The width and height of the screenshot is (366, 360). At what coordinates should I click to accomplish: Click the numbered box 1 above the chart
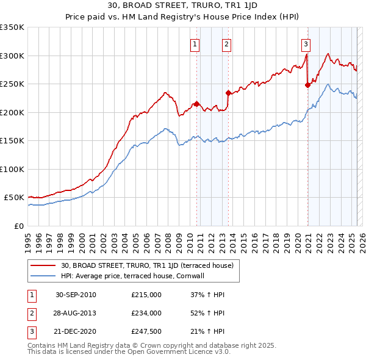coord(195,43)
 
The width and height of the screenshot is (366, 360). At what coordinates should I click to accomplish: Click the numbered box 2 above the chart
coord(226,43)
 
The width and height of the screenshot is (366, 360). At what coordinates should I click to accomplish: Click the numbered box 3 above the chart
coord(305,43)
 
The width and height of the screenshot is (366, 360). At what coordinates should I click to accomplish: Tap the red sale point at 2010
coord(197,104)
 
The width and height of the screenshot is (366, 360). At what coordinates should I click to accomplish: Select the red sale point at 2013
coord(228,93)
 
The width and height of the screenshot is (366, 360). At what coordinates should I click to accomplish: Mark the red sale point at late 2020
coord(308,85)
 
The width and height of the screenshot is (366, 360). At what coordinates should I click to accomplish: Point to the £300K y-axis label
coord(12,56)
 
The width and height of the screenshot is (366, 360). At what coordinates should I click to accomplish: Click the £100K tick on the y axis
coord(12,169)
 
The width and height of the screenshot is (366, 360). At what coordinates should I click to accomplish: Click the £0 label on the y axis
coord(18,226)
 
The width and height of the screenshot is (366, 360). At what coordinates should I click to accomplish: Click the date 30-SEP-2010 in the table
coord(76,295)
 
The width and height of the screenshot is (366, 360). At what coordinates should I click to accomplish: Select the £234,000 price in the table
coord(146,313)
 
